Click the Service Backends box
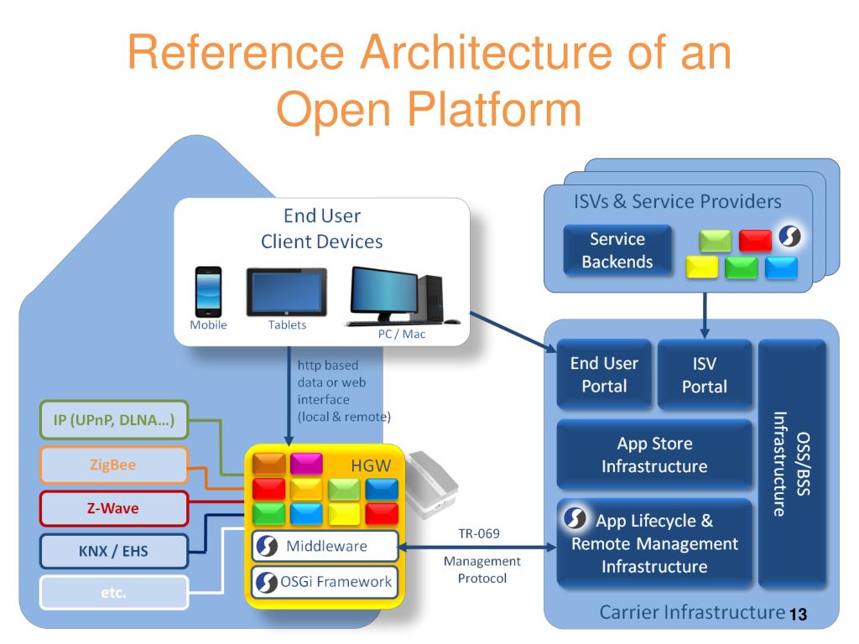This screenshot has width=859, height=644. tap(617, 250)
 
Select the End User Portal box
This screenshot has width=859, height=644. tap(604, 375)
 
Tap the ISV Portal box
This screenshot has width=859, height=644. tap(704, 375)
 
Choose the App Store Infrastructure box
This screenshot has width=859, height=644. tap(654, 454)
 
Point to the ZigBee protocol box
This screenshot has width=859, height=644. tap(113, 466)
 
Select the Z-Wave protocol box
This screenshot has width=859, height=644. tap(113, 508)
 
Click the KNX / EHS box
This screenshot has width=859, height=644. tap(113, 551)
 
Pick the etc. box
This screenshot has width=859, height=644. tap(113, 593)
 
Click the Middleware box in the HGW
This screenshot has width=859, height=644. tap(324, 547)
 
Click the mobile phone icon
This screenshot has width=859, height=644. tap(208, 292)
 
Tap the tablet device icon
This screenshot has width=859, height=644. tap(286, 292)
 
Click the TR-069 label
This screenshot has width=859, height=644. tap(479, 533)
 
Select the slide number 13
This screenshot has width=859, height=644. tap(797, 616)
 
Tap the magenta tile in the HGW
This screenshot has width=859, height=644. tap(306, 464)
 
